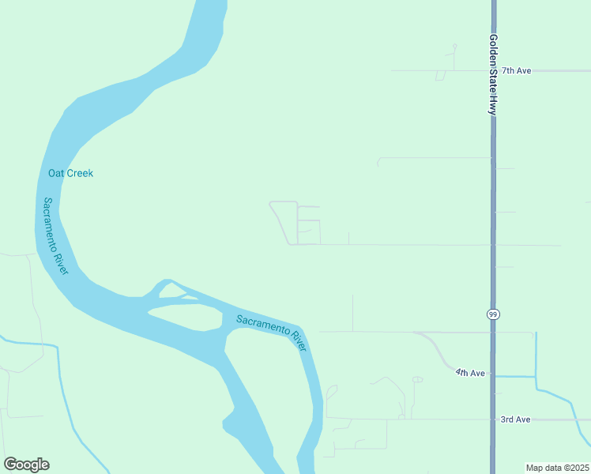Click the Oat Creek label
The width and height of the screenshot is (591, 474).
pos(70,173)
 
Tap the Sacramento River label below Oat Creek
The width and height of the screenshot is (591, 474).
pos(55,235)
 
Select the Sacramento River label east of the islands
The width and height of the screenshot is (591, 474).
pos(271,330)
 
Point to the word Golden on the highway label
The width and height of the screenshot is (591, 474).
pos(492,48)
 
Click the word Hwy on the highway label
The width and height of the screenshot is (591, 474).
pos(492,105)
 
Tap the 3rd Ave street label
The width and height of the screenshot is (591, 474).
pos(515,419)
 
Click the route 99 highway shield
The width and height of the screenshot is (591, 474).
pos(493,314)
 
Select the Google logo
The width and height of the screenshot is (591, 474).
pos(26,465)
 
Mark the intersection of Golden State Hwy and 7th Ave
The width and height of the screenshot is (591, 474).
pos(493,71)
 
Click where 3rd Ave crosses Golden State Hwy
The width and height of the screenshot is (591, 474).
pos(493,419)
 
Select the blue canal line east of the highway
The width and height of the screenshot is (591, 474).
pos(536,355)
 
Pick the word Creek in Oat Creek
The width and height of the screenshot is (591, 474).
pos(80,173)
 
